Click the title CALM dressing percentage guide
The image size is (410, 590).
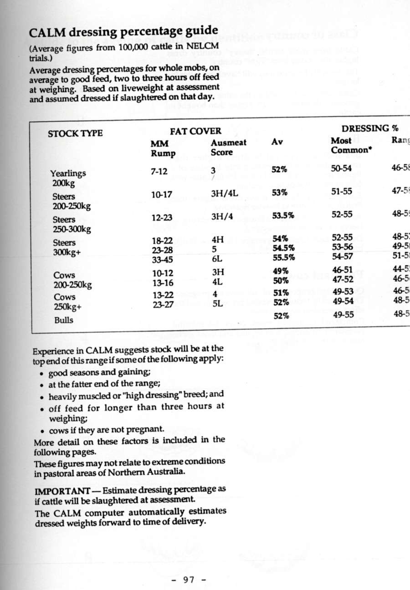123,33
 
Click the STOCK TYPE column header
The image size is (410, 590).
75,133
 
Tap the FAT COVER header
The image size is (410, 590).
195,132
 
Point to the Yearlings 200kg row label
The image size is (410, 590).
68,178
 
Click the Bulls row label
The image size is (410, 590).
63,320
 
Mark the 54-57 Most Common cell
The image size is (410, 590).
342,257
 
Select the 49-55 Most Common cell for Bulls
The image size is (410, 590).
342,315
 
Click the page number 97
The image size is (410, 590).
189,580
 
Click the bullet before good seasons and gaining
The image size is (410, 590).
42,374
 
